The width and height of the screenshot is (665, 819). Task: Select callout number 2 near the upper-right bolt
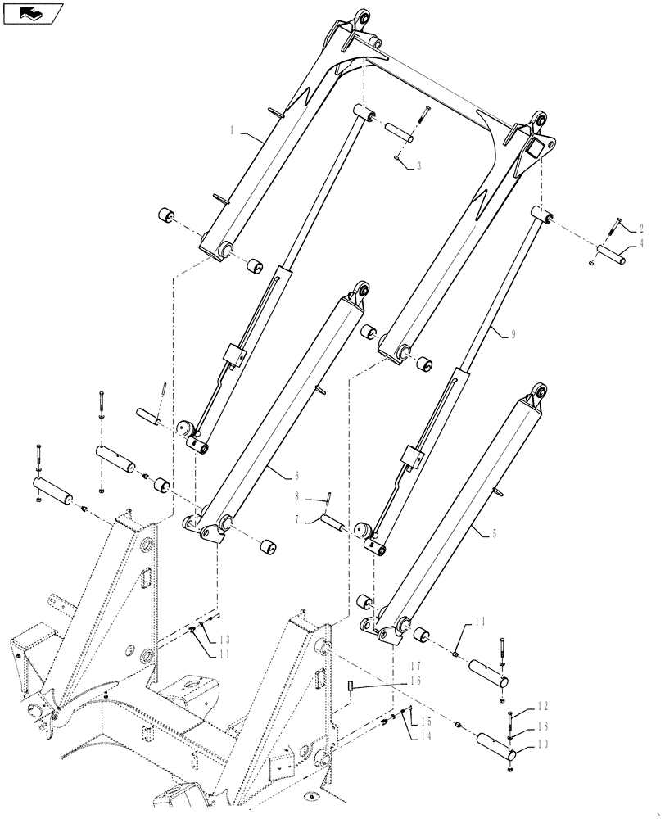pyautogui.click(x=641, y=228)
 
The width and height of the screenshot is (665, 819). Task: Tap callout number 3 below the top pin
pyautogui.click(x=418, y=166)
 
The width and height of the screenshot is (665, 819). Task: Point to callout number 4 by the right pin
pyautogui.click(x=641, y=243)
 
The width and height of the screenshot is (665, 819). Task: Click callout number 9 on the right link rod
pyautogui.click(x=491, y=333)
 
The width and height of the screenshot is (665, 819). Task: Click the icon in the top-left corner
pyautogui.click(x=33, y=13)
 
